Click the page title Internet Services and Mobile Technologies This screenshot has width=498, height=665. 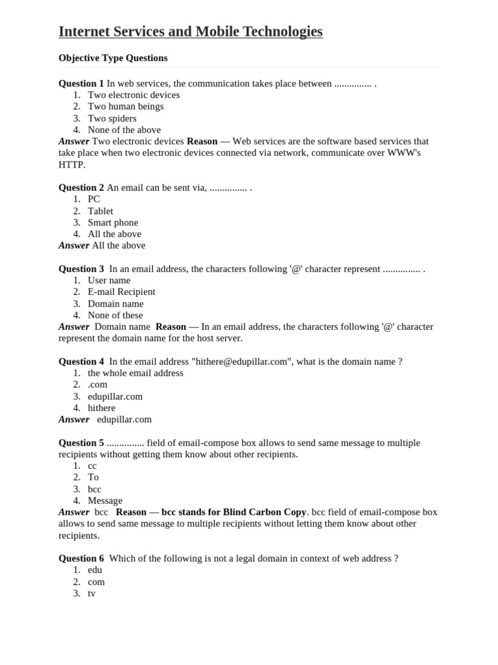[x=190, y=31]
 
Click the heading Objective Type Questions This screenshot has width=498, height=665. [x=113, y=58]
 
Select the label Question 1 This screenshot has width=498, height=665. [x=81, y=83]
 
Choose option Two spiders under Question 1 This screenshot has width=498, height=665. [x=112, y=118]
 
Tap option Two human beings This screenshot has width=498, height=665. [x=126, y=107]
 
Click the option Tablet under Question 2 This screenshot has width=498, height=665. [x=101, y=211]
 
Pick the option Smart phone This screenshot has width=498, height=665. [x=113, y=223]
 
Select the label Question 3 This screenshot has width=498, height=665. [x=81, y=269]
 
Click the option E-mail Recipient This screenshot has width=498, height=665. [x=121, y=292]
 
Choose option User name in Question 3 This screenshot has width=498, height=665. [x=109, y=281]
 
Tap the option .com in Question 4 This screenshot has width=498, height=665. [x=97, y=384]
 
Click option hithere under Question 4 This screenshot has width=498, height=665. [x=102, y=408]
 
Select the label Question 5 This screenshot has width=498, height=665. [x=81, y=443]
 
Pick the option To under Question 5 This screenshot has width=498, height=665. [x=93, y=477]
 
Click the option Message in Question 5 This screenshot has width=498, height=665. [x=105, y=501]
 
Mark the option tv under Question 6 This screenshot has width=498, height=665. [x=91, y=593]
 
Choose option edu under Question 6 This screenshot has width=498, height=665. [x=95, y=570]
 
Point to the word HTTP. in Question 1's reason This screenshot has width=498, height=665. [x=72, y=165]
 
